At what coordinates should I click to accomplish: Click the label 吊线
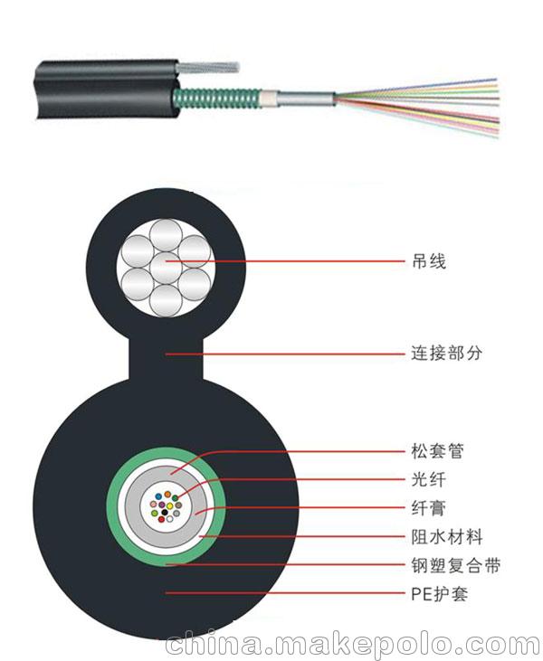point(429,261)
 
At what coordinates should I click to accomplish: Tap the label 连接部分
point(446,354)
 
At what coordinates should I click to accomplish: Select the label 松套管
point(437,450)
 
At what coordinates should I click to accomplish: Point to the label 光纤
point(428,479)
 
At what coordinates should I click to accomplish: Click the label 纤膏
point(428,508)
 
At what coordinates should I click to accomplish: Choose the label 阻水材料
point(447,536)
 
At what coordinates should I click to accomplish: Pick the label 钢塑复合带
point(455,565)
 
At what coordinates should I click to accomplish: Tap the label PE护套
point(439,594)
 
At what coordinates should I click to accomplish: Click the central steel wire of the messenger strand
point(166,268)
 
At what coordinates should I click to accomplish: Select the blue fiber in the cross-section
point(158,496)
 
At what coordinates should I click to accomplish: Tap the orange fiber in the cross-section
point(167,494)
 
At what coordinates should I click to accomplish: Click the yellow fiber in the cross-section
point(169,505)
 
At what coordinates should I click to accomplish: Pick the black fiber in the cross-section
point(165,512)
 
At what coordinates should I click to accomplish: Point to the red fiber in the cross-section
point(161,519)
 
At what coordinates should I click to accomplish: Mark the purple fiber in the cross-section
point(162,505)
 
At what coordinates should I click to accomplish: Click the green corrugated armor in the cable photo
point(217,98)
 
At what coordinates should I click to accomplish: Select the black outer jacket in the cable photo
point(106,90)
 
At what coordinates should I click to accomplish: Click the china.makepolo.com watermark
point(353,645)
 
